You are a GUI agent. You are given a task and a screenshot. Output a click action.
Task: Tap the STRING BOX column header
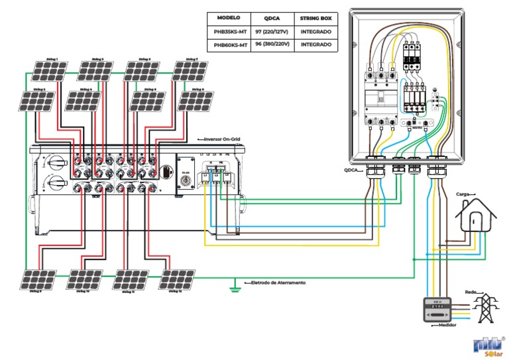(316, 17)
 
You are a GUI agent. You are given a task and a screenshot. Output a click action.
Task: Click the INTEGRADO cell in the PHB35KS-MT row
(316, 31)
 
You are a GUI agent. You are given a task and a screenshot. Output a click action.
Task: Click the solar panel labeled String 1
(44, 70)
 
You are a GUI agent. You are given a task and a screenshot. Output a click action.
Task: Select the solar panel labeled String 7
(190, 70)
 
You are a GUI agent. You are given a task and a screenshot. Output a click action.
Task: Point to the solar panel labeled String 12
(178, 279)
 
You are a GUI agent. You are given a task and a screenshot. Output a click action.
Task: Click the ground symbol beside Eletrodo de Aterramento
(233, 286)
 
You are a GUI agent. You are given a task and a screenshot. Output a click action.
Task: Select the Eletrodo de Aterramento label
(278, 282)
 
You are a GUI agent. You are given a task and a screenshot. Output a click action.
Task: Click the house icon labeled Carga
(476, 215)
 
